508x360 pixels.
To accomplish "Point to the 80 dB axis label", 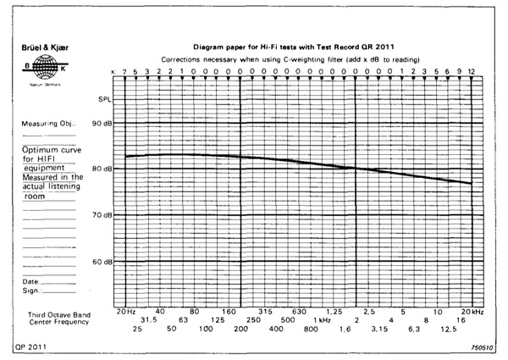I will tap(102, 169).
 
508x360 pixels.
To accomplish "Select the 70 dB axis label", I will tap(102, 215).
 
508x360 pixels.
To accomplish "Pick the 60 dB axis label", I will tap(102, 261).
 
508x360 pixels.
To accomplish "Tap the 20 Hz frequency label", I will tap(125, 311).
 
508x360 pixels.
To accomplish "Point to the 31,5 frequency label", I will tap(149, 319).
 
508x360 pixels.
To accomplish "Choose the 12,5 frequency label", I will tap(448, 328).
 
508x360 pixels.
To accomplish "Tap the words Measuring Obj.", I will tap(46, 124).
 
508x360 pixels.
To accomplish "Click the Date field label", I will tap(30, 281).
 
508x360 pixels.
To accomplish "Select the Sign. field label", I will tap(31, 290).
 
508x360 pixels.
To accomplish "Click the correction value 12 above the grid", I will tap(471, 72).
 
